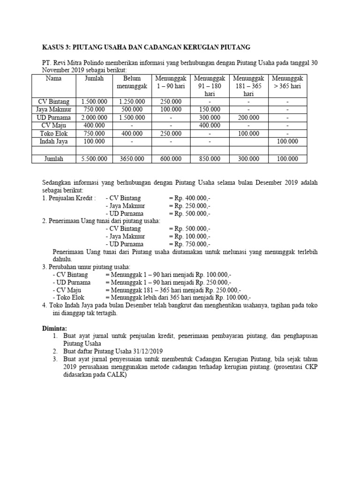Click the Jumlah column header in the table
click(94, 78)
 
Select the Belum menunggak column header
click(132, 82)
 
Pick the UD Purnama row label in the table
click(53, 117)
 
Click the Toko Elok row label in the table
click(53, 133)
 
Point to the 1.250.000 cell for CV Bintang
click(132, 101)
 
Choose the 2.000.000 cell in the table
click(94, 117)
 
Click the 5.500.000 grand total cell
click(94, 159)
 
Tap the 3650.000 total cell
click(132, 159)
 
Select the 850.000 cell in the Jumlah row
click(210, 159)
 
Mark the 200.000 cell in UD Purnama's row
click(248, 117)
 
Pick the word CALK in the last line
click(116, 375)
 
